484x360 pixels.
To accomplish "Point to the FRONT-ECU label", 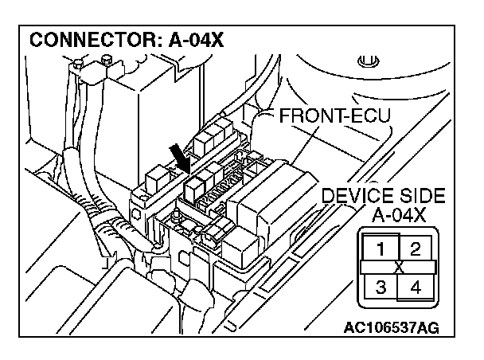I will coord(335,117).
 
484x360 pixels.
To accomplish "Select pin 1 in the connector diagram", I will coord(381,248).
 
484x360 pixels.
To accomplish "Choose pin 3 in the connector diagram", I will coord(381,286).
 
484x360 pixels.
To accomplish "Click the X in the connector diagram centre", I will coord(397,267).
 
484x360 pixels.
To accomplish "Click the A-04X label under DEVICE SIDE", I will coord(398,214).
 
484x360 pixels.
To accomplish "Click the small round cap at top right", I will coord(366,60).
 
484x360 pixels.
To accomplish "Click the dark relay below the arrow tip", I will coord(193,186).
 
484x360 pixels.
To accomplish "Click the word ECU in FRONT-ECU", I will coord(369,117).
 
